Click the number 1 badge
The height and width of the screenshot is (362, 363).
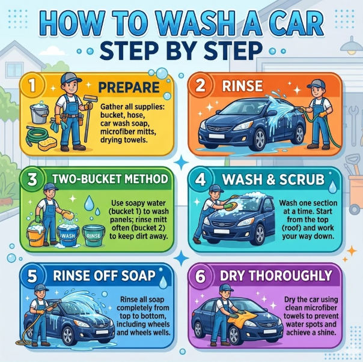click(32, 85)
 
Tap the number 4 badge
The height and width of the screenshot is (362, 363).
click(200, 179)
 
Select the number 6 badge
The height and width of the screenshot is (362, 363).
click(200, 276)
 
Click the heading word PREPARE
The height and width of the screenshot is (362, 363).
click(129, 87)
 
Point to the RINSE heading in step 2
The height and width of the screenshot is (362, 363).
click(242, 86)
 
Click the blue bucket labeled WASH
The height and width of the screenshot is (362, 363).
click(68, 235)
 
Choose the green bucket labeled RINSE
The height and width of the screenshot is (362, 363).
click(94, 235)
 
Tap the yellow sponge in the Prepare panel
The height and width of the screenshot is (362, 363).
click(47, 143)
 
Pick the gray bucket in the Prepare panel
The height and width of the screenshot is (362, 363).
click(40, 113)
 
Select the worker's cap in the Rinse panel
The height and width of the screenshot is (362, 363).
click(316, 83)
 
